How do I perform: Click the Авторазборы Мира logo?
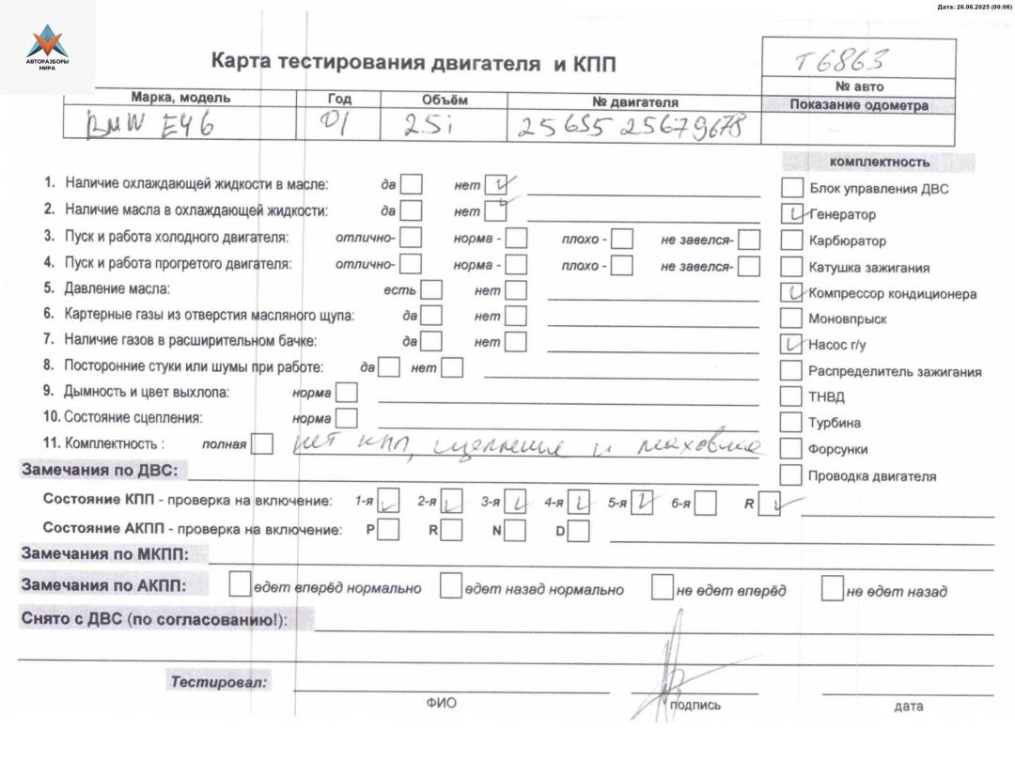(x=47, y=47)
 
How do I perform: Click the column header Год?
(x=339, y=99)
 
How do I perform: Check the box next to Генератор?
(x=792, y=214)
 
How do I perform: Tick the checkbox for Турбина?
(x=792, y=423)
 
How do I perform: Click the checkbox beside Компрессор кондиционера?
(x=792, y=293)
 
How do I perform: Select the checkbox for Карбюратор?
(x=792, y=241)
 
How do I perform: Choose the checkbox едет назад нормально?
(x=451, y=589)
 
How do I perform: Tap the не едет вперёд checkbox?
(x=663, y=589)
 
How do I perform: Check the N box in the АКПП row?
(x=515, y=531)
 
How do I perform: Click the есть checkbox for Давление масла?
(x=431, y=290)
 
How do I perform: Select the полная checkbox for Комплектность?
(x=263, y=443)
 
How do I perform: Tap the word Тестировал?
(x=219, y=682)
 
